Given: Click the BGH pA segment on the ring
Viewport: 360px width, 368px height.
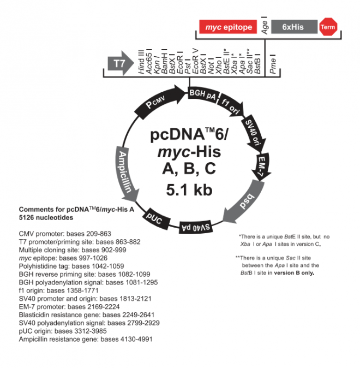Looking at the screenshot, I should [202, 94].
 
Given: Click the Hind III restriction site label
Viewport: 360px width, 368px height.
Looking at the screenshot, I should [141, 61].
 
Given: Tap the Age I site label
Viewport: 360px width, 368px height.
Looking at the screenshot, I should [265, 26].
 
